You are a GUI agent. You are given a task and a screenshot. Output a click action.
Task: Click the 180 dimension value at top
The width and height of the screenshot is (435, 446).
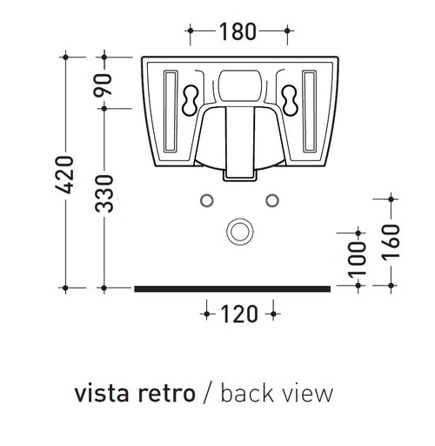[238, 32]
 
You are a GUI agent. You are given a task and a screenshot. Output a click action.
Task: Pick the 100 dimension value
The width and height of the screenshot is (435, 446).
[355, 261]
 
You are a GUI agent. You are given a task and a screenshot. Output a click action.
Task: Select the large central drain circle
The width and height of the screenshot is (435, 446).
[238, 231]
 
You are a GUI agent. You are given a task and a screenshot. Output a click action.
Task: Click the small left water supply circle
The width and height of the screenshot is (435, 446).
[207, 200]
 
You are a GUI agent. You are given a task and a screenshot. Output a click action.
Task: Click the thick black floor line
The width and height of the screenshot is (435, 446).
[232, 287]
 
